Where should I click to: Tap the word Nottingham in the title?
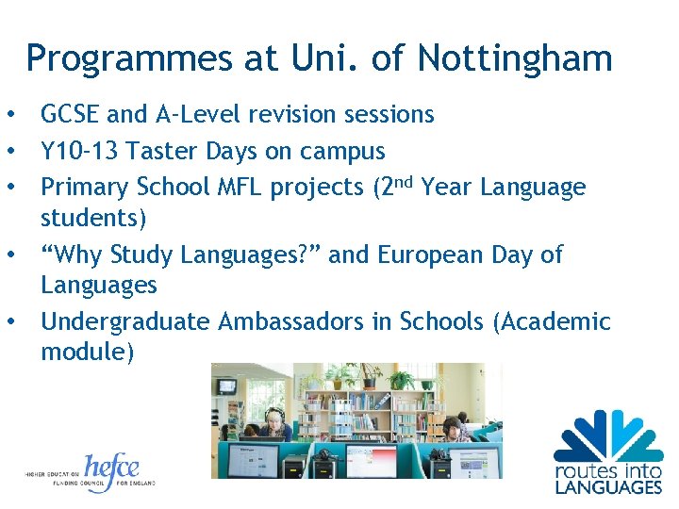pyautogui.click(x=515, y=59)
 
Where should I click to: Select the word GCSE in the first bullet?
pyautogui.click(x=71, y=115)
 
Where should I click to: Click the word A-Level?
pyautogui.click(x=192, y=115)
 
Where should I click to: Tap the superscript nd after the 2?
pyautogui.click(x=404, y=180)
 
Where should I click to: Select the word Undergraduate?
pyautogui.click(x=125, y=321)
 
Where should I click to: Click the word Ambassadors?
pyautogui.click(x=290, y=321)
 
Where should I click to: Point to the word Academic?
pyautogui.click(x=557, y=321)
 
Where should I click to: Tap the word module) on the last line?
pyautogui.click(x=88, y=352)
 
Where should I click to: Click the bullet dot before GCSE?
pyautogui.click(x=10, y=115)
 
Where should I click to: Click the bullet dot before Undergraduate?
pyautogui.click(x=10, y=321)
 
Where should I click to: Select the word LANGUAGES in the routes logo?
pyautogui.click(x=607, y=487)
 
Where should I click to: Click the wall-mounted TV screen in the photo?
pyautogui.click(x=227, y=386)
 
